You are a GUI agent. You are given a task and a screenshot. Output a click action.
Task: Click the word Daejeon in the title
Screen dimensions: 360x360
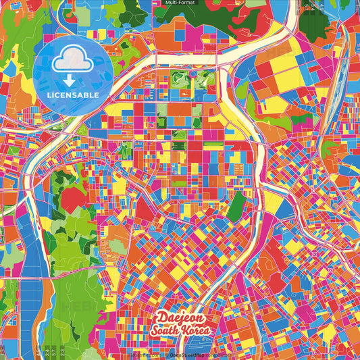tap(180, 317)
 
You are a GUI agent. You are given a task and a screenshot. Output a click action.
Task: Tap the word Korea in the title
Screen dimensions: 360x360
tap(197, 330)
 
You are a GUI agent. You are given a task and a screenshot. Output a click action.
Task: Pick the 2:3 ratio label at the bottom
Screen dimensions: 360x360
tap(62, 352)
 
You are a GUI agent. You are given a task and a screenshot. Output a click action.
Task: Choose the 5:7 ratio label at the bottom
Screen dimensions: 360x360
tap(53, 352)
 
